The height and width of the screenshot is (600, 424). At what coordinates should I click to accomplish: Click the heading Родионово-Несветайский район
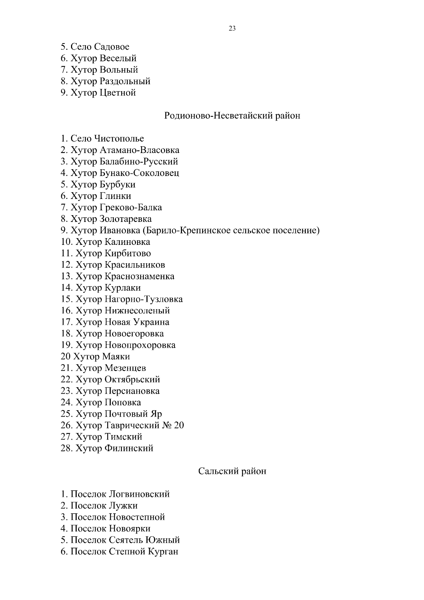(x=232, y=116)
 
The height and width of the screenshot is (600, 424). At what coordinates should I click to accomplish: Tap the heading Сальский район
(x=232, y=471)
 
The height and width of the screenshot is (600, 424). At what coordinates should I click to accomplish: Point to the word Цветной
(x=118, y=93)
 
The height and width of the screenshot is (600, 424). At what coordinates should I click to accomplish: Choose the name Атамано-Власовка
(x=140, y=150)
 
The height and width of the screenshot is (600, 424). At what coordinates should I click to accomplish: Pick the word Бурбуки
(x=118, y=185)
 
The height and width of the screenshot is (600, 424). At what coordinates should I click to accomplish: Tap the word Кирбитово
(x=128, y=253)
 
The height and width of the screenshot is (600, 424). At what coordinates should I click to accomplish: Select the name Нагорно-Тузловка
(x=144, y=299)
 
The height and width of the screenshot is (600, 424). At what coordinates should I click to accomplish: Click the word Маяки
(x=116, y=357)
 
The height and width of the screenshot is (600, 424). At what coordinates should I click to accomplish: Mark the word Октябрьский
(x=132, y=380)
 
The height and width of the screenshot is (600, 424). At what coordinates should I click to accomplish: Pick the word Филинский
(x=129, y=448)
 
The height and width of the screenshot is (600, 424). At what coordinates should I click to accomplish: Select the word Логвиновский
(x=139, y=494)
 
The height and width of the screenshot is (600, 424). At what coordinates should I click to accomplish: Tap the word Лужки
(x=123, y=506)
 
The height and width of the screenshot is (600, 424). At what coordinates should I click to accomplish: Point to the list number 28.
(x=66, y=448)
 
